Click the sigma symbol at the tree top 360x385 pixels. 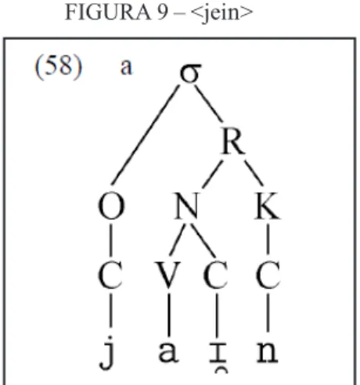click(191, 74)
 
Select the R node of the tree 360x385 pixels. click(233, 142)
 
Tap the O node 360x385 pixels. click(111, 206)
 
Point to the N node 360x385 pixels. click(187, 206)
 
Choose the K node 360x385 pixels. click(268, 206)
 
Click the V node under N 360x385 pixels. click(168, 275)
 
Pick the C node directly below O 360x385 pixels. click(110, 275)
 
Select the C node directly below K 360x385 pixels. click(268, 275)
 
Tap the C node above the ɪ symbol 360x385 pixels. click(215, 275)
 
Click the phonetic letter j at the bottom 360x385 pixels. click(108, 353)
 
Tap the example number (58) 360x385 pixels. click(59, 67)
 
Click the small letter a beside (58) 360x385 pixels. click(126, 67)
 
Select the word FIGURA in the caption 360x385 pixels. click(108, 12)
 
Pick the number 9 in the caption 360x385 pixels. click(162, 12)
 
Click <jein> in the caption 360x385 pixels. click(222, 13)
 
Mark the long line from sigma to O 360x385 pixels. click(146, 135)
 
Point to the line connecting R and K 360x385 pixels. click(254, 173)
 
